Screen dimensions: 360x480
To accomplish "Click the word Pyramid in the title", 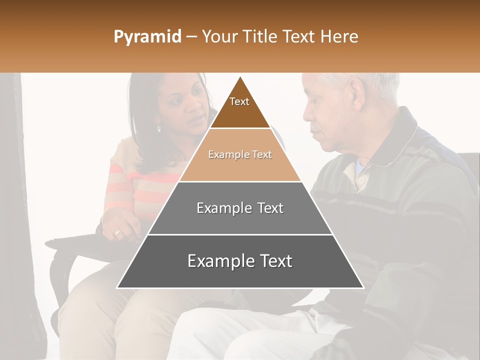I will point(147,37).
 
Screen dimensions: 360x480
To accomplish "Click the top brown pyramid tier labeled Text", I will point(239,107).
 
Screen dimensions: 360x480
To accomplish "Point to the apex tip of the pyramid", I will point(240,77).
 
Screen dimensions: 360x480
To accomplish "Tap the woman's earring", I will point(159,128).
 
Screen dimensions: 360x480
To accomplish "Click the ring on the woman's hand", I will point(118,232).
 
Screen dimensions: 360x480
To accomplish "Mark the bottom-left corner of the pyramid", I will point(117,287).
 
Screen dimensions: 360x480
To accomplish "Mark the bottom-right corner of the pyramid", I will point(363,287).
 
